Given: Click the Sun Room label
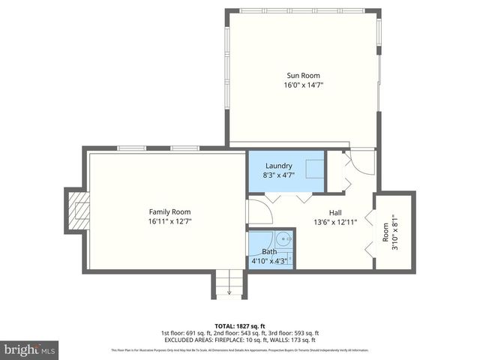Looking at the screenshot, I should pos(302,74).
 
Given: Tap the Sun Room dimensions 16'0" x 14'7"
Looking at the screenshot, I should pos(302,85).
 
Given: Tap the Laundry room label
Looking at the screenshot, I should pos(277,166).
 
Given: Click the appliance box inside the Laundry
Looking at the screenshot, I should pos(314,169).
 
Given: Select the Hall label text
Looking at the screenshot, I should pos(336,211).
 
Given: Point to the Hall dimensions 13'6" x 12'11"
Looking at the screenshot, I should pos(336,222).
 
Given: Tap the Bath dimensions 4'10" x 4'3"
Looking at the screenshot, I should pos(270,261).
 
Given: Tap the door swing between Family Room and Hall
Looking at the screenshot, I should pos(259,211).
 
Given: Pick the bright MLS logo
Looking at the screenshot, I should pos(30,349).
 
